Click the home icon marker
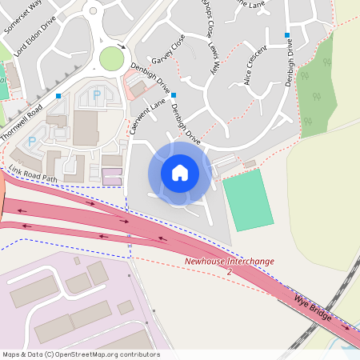tap(180, 172)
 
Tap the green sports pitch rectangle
tap(247, 200)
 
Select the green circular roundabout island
tap(112, 58)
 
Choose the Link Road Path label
tap(34, 172)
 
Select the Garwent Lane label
tap(137, 115)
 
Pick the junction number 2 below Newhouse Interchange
tap(230, 272)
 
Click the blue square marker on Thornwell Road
tap(59, 96)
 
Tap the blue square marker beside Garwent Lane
tap(174, 95)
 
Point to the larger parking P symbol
tap(97, 94)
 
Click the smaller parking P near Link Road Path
tap(33, 142)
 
